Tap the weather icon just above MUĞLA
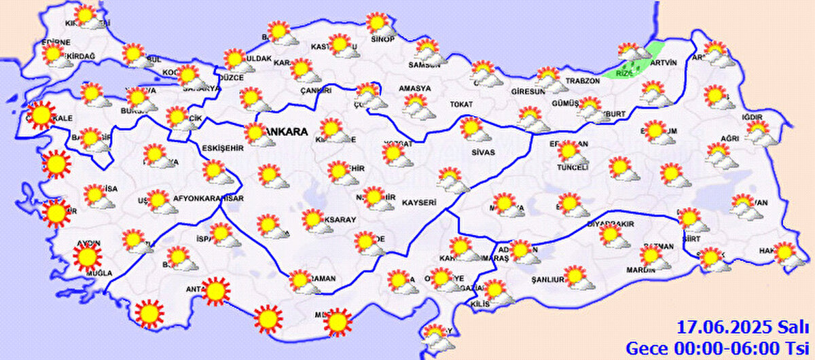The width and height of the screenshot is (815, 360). pyautogui.click(x=87, y=257)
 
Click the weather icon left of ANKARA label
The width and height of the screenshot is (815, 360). pyautogui.click(x=256, y=133)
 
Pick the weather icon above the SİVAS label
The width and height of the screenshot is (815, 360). pyautogui.click(x=471, y=128)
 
